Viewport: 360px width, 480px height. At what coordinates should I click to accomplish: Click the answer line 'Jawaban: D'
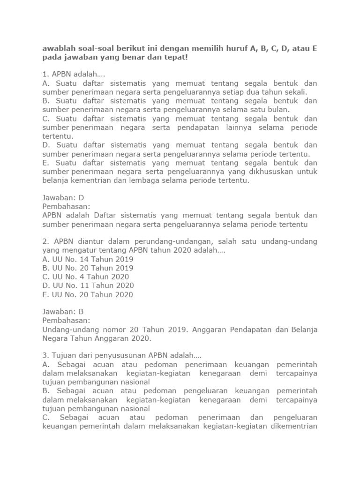[63, 198]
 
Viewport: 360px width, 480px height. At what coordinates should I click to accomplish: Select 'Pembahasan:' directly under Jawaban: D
[66, 207]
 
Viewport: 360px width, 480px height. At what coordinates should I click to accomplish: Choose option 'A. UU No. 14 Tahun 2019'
[88, 259]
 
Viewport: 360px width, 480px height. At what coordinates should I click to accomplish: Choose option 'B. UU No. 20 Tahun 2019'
[88, 268]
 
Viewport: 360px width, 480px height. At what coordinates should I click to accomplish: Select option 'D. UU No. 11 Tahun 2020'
[88, 285]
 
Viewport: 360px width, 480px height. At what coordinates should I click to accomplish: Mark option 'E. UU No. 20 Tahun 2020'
[88, 294]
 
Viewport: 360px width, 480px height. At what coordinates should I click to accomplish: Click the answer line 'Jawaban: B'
[63, 312]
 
